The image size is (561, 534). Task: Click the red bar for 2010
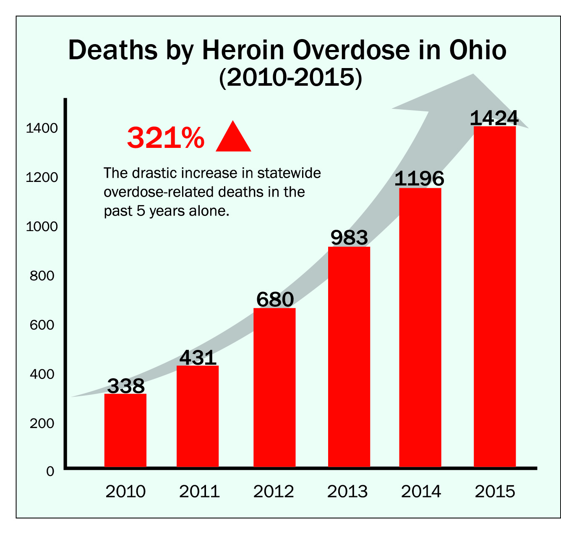point(125,430)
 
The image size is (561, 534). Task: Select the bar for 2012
point(274,387)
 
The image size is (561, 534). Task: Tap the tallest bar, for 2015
point(495,297)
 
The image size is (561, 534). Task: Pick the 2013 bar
point(349,357)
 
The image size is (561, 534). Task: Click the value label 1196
point(419,179)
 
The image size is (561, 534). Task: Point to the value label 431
point(198,358)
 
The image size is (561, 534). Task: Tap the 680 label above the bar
point(275,300)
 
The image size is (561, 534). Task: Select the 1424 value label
point(494,118)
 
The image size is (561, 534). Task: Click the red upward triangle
point(233,137)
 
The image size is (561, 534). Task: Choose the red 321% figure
point(166,138)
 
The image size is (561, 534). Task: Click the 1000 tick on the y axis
point(42,227)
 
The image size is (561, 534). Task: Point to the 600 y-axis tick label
point(42,325)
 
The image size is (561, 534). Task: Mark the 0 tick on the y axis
point(50,471)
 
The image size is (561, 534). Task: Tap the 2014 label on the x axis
point(421,491)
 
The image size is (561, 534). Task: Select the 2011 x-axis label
point(199,491)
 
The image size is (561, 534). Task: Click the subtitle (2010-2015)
point(290,78)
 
